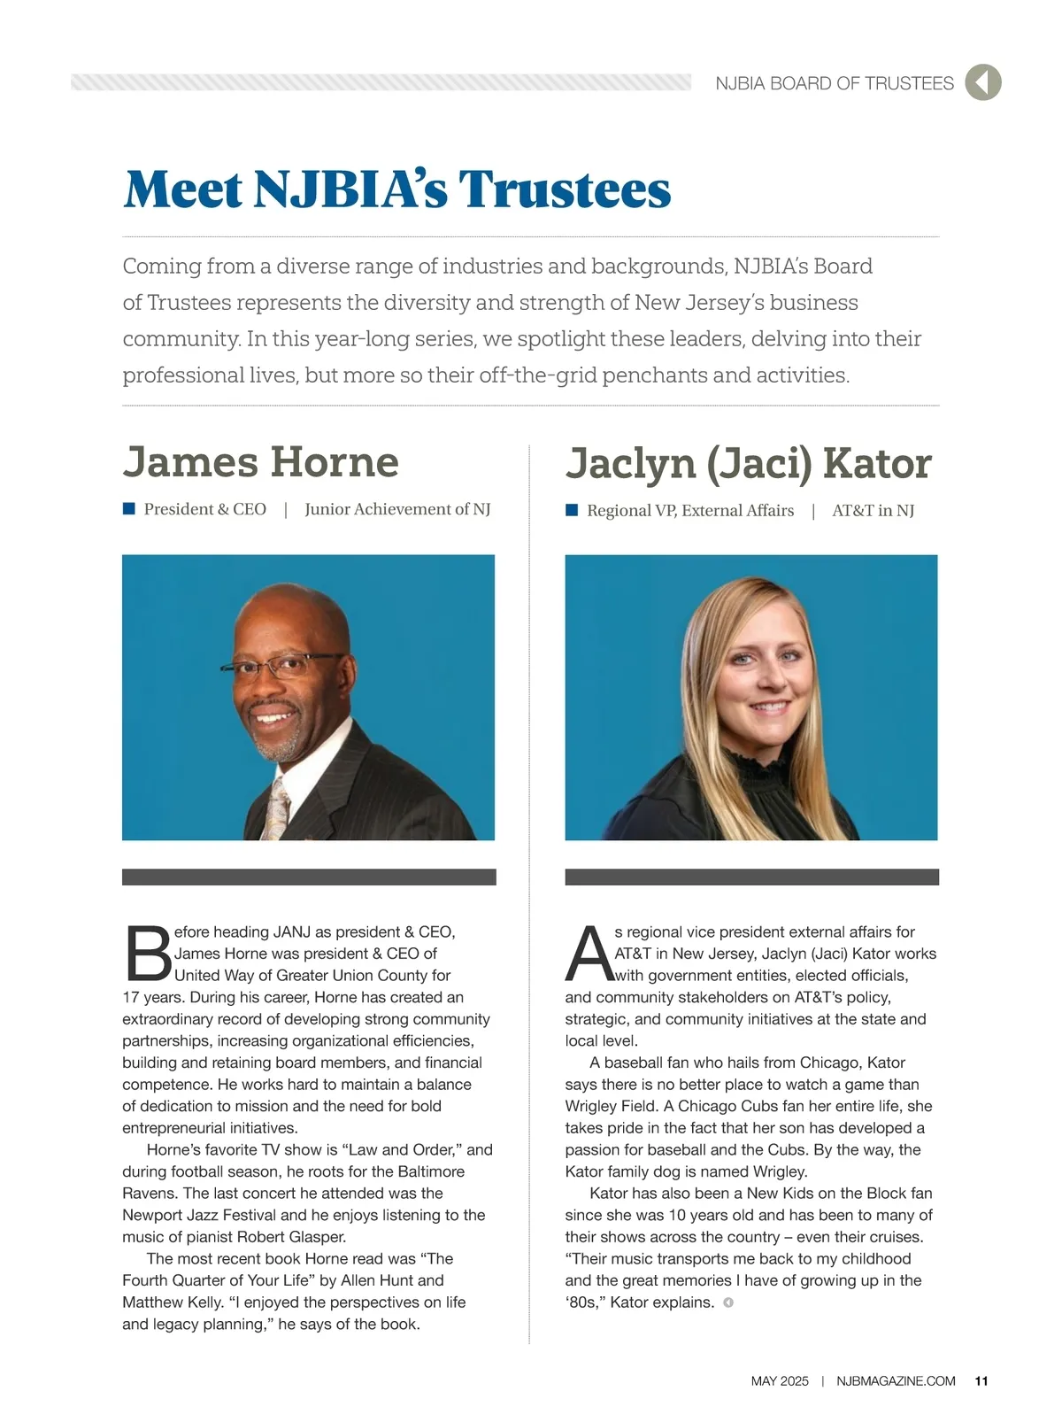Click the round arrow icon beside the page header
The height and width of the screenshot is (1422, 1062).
982,82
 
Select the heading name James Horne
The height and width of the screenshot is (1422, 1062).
261,462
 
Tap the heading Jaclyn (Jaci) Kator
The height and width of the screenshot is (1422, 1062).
748,464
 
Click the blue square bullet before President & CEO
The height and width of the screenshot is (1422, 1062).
128,508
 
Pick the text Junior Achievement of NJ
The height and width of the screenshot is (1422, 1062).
397,509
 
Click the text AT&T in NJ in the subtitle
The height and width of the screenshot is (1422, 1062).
873,510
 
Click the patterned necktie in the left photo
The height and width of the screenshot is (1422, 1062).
278,806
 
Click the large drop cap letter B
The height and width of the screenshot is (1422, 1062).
148,954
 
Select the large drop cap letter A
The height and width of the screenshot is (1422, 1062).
589,954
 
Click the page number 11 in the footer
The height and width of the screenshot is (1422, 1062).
981,1381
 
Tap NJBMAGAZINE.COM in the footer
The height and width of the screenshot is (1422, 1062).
896,1381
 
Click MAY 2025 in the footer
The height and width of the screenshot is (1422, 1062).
780,1381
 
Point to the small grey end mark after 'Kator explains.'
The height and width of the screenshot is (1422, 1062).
728,1302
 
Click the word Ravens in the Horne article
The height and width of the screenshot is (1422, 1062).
150,1193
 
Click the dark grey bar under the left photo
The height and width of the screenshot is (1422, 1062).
309,877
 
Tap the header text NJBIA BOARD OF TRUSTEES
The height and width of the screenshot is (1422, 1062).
835,83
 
